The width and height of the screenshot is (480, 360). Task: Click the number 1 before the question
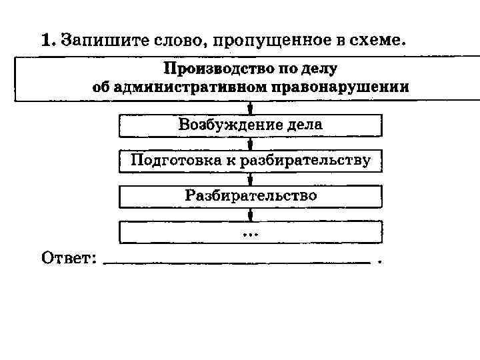coord(46,40)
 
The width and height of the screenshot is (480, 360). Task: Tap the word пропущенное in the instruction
coord(269,41)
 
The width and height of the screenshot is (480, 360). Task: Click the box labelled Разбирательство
coord(251,196)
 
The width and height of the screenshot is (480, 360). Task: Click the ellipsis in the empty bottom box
coord(251,233)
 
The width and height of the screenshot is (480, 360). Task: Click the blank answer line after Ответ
coord(237,261)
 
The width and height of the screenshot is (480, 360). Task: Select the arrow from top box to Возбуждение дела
coord(250,108)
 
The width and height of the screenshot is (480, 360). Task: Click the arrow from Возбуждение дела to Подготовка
coord(250,143)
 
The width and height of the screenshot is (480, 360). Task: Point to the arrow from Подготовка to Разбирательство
coord(250,179)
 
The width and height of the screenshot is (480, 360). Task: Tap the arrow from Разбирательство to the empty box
coord(250,215)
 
